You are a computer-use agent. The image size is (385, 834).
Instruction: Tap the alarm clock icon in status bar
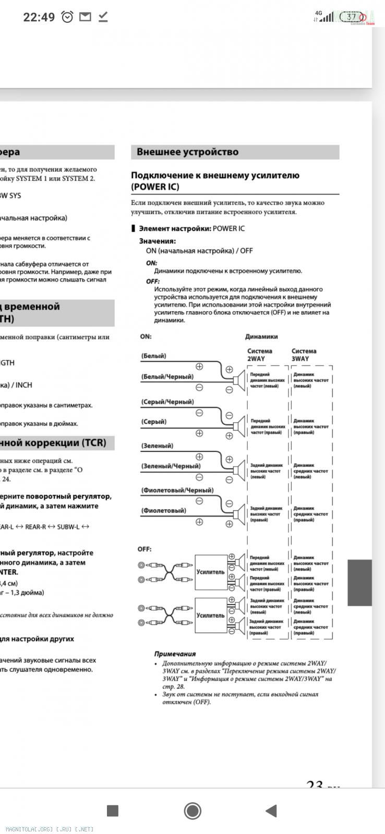click(67, 17)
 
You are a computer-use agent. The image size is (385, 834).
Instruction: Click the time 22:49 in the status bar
click(39, 17)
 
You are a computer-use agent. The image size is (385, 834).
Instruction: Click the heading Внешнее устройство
click(187, 152)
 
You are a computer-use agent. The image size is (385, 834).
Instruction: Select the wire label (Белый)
click(153, 355)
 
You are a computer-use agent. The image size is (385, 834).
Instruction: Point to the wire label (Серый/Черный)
click(167, 402)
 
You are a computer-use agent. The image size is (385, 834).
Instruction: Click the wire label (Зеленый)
click(157, 446)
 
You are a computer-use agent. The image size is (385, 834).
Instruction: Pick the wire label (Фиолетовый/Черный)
click(177, 490)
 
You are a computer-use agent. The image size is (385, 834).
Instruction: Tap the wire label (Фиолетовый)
click(163, 510)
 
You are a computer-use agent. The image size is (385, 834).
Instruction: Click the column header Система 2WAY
click(259, 354)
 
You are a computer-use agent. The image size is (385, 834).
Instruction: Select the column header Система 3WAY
click(304, 354)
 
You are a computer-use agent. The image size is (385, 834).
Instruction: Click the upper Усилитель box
click(210, 572)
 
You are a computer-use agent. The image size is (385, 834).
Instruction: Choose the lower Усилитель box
click(210, 615)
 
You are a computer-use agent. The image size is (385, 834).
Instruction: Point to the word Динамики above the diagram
click(261, 337)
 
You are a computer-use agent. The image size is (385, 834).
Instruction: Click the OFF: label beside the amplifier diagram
click(145, 549)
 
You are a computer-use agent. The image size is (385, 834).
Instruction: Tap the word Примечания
click(175, 654)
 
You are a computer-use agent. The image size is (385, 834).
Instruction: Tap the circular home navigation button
click(192, 811)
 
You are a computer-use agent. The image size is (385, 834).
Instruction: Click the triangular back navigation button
click(271, 811)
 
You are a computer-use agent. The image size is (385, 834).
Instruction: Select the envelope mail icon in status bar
click(85, 17)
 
